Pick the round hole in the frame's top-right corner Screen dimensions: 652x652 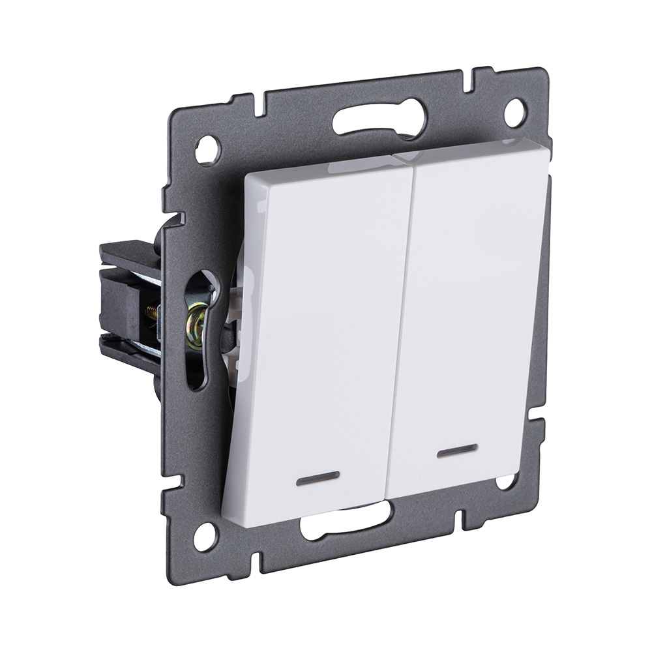coord(514,113)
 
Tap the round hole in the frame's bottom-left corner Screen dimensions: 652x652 coord(205,537)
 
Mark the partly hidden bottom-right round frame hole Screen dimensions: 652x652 coord(505,482)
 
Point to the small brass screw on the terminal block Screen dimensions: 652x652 coord(151,313)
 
